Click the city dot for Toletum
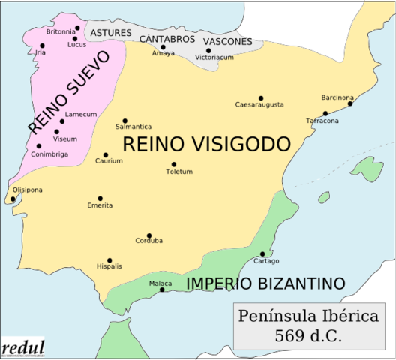click(174, 164)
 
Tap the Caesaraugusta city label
click(259, 105)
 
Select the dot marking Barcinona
click(349, 103)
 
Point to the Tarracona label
click(322, 121)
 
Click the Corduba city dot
click(148, 235)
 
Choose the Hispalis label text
click(109, 266)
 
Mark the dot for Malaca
click(162, 289)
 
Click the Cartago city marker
click(262, 253)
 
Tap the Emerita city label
click(100, 205)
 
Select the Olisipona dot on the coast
click(13, 199)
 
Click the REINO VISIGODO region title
click(205, 144)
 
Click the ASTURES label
click(111, 34)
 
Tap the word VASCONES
click(227, 41)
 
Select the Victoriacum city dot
click(208, 51)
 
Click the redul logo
click(22, 348)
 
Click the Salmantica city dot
click(124, 121)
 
